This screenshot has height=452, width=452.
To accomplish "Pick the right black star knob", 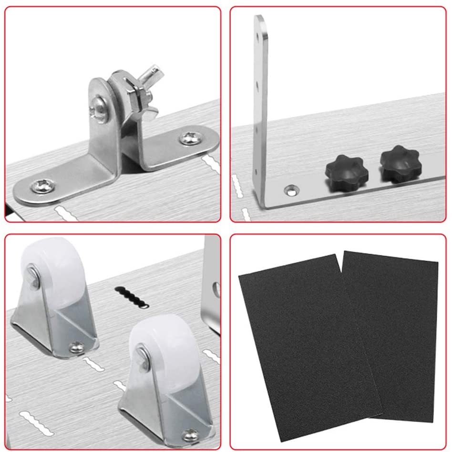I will tap(400, 164).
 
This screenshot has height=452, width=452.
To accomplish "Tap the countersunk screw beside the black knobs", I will tap(290, 191).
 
